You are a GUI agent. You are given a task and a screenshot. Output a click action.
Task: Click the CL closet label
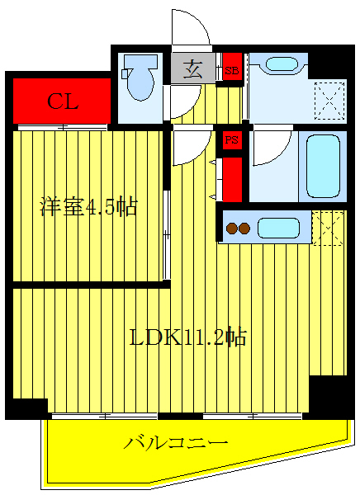[x=62, y=101]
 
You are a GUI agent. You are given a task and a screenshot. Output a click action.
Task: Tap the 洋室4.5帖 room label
[x=88, y=206]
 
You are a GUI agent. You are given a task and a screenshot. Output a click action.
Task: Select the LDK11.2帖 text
[x=188, y=337]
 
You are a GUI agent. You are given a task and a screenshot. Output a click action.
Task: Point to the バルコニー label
[x=176, y=444]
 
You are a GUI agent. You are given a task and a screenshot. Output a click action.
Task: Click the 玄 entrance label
[x=192, y=69]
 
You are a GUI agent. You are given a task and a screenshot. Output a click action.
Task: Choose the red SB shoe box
[x=232, y=70]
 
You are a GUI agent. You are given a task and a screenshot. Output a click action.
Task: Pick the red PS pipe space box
[x=232, y=140]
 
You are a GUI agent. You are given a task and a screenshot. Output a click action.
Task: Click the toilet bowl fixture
[x=141, y=78]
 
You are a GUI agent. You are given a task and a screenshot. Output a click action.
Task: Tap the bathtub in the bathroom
[x=321, y=164]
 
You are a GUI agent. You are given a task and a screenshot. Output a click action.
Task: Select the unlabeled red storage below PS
[x=233, y=178]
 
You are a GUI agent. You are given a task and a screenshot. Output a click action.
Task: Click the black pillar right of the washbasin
[x=328, y=64]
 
